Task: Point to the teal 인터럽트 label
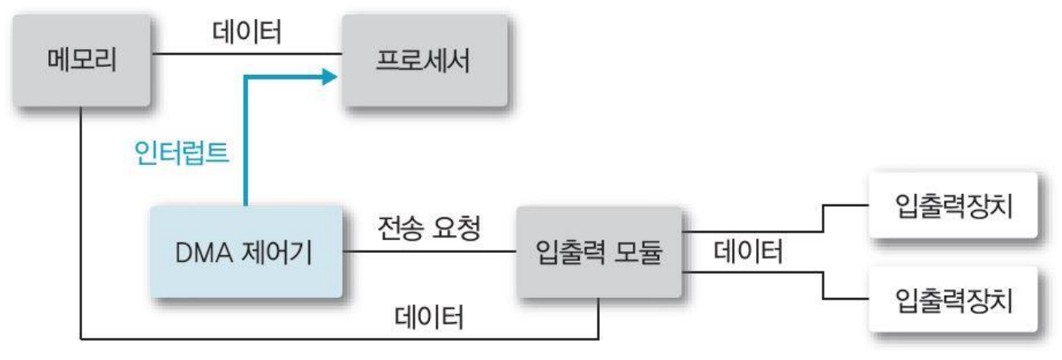(180, 153)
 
